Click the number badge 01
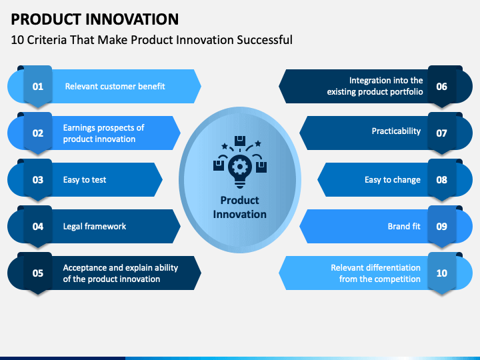click(x=38, y=86)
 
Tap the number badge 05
click(x=38, y=273)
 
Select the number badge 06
click(x=442, y=86)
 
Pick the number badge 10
click(x=442, y=273)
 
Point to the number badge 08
click(x=442, y=180)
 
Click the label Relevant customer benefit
click(x=115, y=86)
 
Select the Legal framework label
click(x=95, y=226)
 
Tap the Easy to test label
click(x=85, y=180)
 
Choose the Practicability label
click(x=396, y=131)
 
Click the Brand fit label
click(x=404, y=226)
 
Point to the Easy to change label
click(x=393, y=180)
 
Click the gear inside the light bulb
click(x=240, y=167)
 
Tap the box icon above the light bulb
click(x=240, y=141)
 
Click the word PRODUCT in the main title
click(x=46, y=19)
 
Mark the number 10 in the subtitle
click(x=17, y=40)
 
